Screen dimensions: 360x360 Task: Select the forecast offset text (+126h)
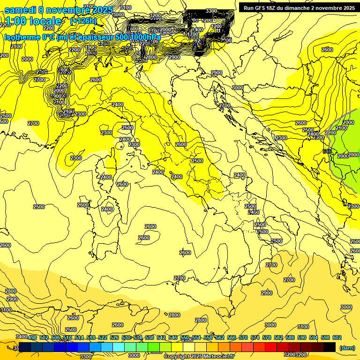83,21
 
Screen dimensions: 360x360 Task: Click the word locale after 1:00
45,21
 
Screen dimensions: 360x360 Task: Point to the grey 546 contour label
327,151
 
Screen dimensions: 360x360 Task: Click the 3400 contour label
21,337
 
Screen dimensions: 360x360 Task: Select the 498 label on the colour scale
32,337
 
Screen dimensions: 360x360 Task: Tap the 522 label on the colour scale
103,337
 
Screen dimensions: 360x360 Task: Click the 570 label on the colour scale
243,337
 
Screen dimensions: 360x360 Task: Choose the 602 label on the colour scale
337,337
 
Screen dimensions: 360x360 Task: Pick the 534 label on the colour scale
138,337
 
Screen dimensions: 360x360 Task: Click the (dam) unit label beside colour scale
347,347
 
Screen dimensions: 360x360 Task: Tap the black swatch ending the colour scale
330,347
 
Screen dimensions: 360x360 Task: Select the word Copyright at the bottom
178,357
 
